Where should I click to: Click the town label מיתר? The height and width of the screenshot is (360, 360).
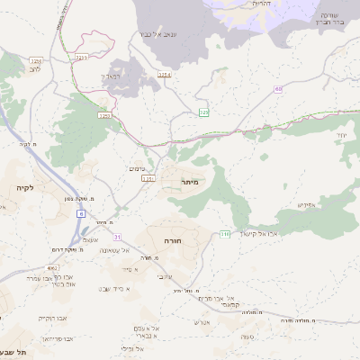click(188, 183)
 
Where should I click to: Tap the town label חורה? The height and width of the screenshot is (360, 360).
click(173, 241)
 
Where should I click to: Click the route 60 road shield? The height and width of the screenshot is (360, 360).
click(278, 89)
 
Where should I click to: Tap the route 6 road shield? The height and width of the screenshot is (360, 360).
click(81, 213)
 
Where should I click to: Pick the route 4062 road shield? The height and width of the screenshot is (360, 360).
click(53, 267)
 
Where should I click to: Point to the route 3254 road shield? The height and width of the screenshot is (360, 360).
click(163, 73)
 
